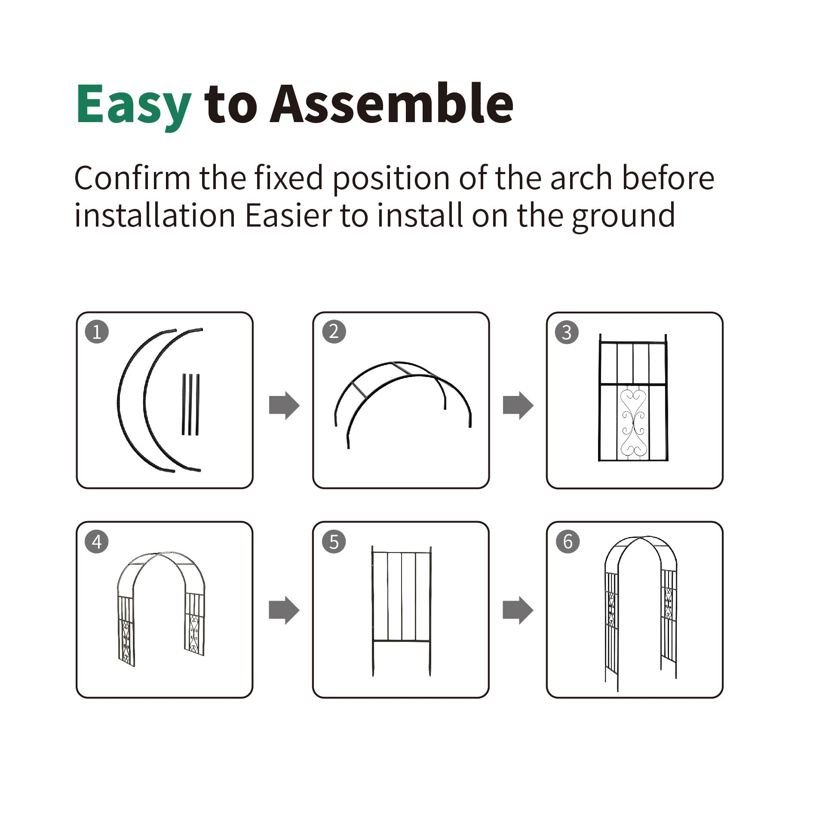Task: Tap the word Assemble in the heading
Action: pyautogui.click(x=391, y=103)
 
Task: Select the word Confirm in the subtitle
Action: pyautogui.click(x=132, y=178)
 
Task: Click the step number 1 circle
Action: pyautogui.click(x=97, y=331)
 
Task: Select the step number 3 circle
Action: pyautogui.click(x=567, y=332)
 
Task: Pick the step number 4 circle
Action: pyautogui.click(x=97, y=542)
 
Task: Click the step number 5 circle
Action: pyautogui.click(x=334, y=542)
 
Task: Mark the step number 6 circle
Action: pyautogui.click(x=568, y=541)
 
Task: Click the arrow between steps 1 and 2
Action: pyautogui.click(x=284, y=405)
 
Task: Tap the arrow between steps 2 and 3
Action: pyautogui.click(x=518, y=405)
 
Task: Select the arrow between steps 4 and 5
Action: pyautogui.click(x=284, y=610)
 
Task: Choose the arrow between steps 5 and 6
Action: pyautogui.click(x=518, y=610)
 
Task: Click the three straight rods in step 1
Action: pyautogui.click(x=190, y=404)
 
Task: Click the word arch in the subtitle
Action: pyautogui.click(x=581, y=178)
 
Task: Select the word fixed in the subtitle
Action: pyautogui.click(x=288, y=178)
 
